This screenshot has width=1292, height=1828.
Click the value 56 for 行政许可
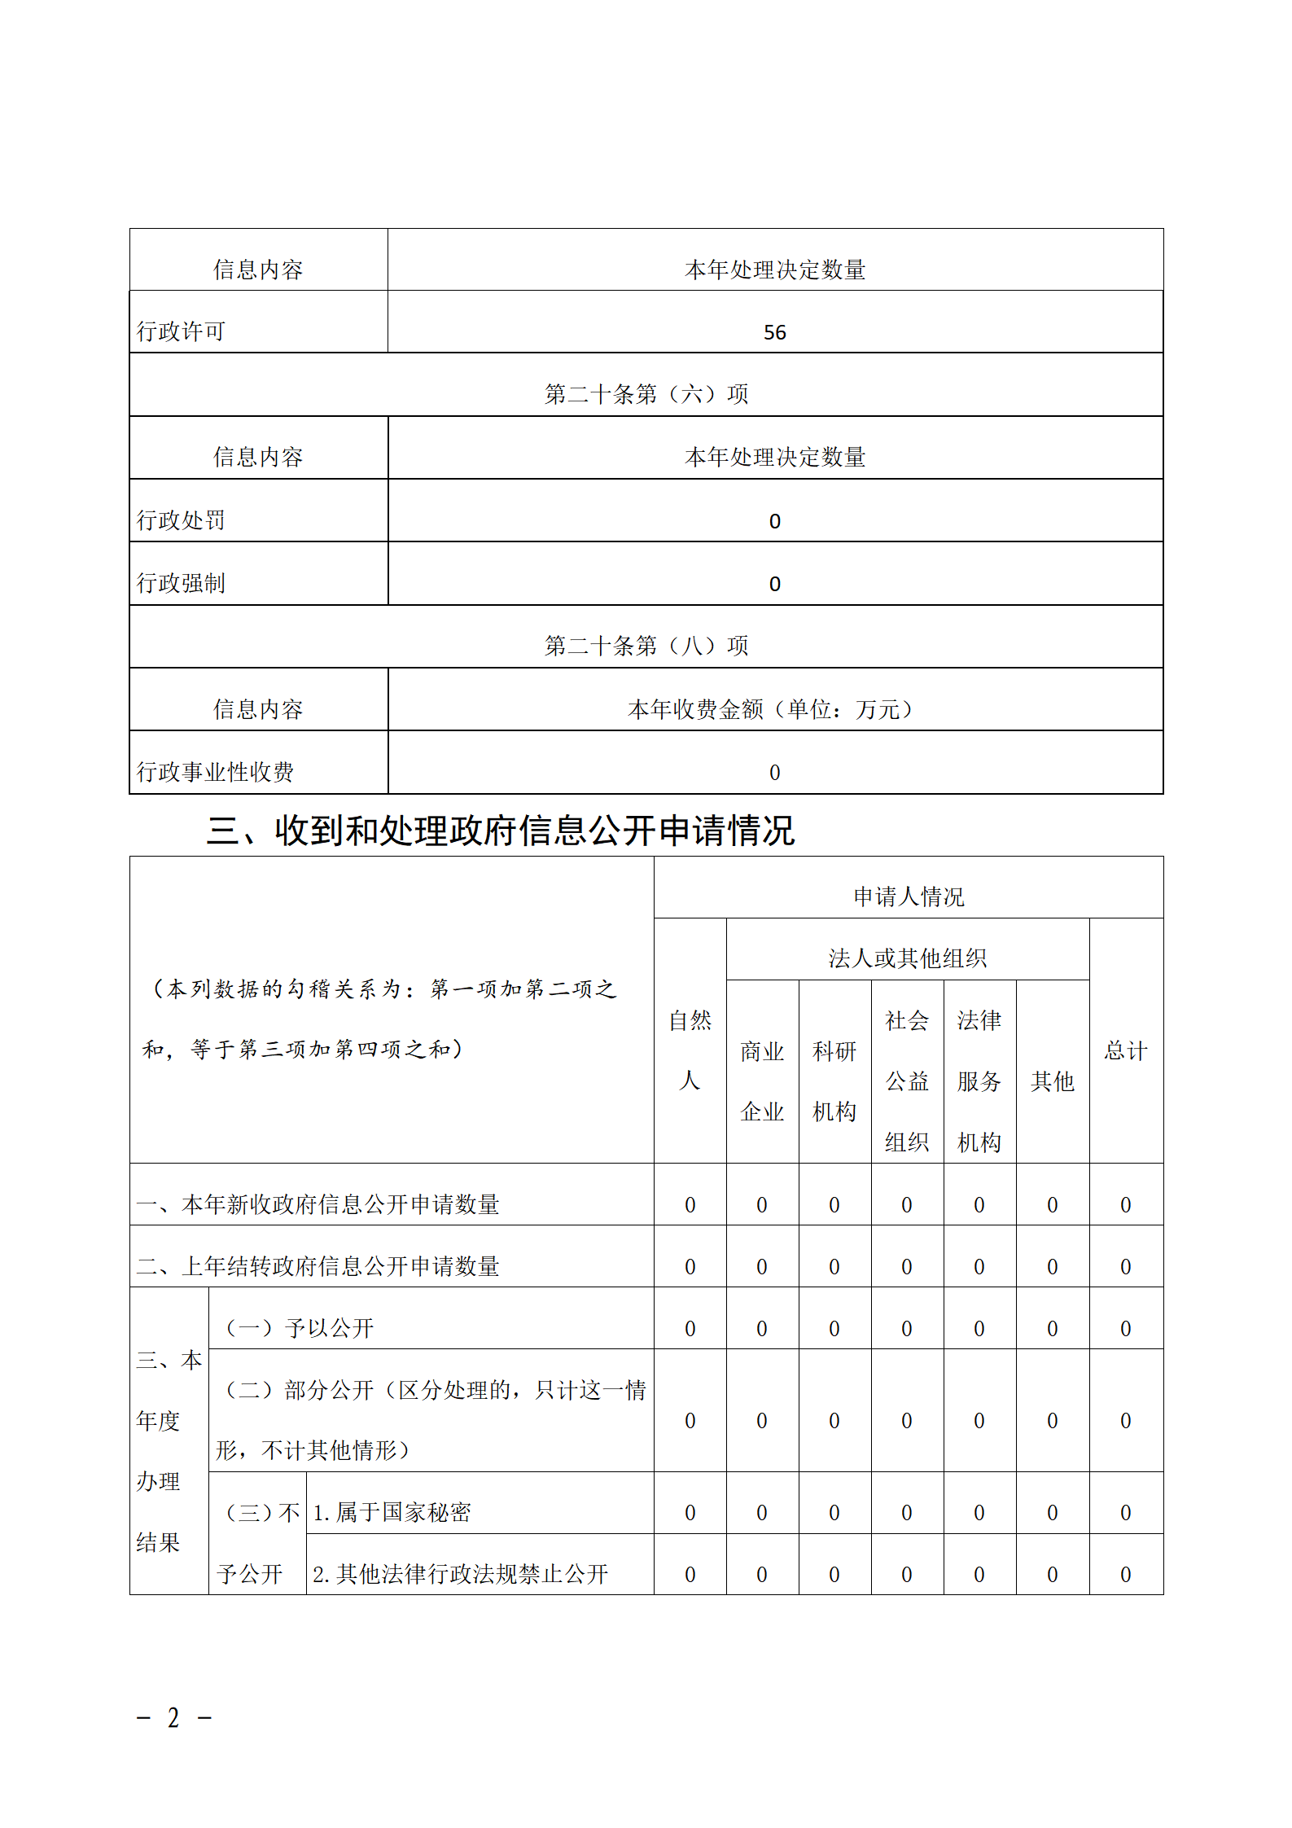click(x=774, y=332)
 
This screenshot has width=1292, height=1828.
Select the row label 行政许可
click(x=181, y=331)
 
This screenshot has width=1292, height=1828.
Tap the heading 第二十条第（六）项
click(x=646, y=394)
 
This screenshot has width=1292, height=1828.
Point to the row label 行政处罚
click(x=181, y=519)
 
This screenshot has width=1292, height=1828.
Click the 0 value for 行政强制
click(x=774, y=584)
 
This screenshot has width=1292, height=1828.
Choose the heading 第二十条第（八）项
click(x=646, y=646)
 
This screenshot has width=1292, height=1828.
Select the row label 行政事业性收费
click(x=215, y=771)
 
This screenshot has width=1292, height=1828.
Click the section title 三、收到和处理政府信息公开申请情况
click(x=500, y=831)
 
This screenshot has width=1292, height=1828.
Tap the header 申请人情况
click(x=909, y=896)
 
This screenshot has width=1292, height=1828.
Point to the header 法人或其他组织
click(x=907, y=958)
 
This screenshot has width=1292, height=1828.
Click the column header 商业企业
click(x=762, y=1081)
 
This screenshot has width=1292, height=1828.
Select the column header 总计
click(x=1125, y=1050)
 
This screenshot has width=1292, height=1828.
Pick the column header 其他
click(x=1052, y=1081)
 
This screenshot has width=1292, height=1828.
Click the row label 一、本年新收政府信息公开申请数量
click(x=318, y=1204)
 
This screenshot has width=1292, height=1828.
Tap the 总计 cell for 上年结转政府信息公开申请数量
click(x=1125, y=1267)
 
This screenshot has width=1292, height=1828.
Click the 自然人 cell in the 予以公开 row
click(x=690, y=1329)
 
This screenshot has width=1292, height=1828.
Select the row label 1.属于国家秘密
click(x=392, y=1512)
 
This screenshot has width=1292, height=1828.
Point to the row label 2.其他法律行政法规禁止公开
click(x=460, y=1574)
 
